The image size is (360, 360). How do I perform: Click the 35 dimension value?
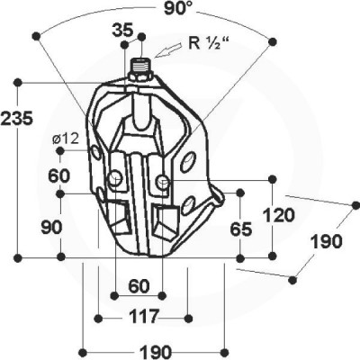122,31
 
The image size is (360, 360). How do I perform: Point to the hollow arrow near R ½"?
169,50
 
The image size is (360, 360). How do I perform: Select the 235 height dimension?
16,118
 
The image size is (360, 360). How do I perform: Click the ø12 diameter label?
65,139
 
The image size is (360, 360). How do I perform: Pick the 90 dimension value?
51,228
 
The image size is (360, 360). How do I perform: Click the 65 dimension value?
241,229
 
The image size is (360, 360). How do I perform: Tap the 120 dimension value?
279,215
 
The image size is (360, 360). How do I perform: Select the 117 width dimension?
143,317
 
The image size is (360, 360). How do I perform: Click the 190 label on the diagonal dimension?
326,241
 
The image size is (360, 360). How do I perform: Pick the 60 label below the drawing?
139,286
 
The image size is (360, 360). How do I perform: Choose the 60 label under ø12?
59,176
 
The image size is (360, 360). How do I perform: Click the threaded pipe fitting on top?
142,65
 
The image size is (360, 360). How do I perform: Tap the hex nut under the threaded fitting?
140,76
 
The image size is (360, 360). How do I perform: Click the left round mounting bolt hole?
115,179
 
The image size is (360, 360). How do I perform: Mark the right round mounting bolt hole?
163,180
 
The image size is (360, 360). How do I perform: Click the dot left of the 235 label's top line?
18,82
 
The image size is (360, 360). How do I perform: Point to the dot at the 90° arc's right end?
272,41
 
